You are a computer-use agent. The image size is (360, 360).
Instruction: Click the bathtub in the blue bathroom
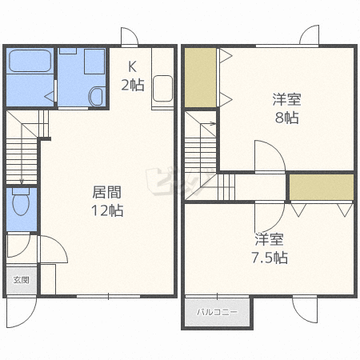[x=30, y=61]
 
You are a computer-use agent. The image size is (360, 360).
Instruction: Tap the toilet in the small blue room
[x=21, y=202]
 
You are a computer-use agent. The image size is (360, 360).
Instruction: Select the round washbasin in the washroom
[x=96, y=96]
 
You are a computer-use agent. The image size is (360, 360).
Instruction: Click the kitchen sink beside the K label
[x=162, y=88]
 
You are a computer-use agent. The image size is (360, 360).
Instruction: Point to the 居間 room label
[x=106, y=192]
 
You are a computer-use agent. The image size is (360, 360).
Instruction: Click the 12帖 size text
[x=107, y=210]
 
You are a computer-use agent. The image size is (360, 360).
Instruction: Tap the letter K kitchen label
[x=132, y=66]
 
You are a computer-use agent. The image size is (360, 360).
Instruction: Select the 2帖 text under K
[x=133, y=85]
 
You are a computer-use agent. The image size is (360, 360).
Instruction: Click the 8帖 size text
[x=286, y=118]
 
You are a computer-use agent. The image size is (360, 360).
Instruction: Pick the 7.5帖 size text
[x=270, y=258]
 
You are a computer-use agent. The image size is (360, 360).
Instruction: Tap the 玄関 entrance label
[x=22, y=280]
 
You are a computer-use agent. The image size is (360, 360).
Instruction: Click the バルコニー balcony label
[x=217, y=312]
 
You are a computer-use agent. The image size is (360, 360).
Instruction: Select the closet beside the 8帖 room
[x=200, y=78]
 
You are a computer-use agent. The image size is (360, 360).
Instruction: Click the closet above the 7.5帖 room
[x=322, y=187]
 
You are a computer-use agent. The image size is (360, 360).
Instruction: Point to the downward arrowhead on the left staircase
[x=22, y=182]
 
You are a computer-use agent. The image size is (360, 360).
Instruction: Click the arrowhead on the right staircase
[x=214, y=123]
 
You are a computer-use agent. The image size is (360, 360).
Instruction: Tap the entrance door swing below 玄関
[x=22, y=313]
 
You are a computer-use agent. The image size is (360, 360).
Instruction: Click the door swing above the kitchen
[x=130, y=36]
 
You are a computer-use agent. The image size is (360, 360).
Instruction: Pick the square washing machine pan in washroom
[x=94, y=62]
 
